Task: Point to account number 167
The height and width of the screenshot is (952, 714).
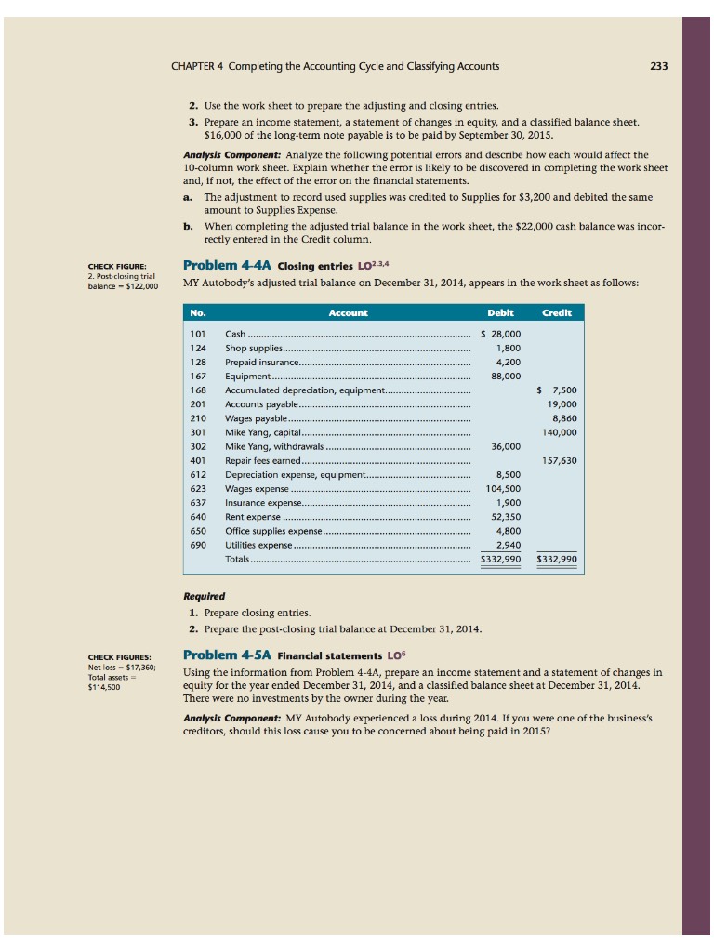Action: point(197,376)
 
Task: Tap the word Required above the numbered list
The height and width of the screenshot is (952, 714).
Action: point(204,595)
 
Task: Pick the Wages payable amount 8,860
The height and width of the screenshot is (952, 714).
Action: point(563,417)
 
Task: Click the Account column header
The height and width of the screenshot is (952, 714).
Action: point(349,313)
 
